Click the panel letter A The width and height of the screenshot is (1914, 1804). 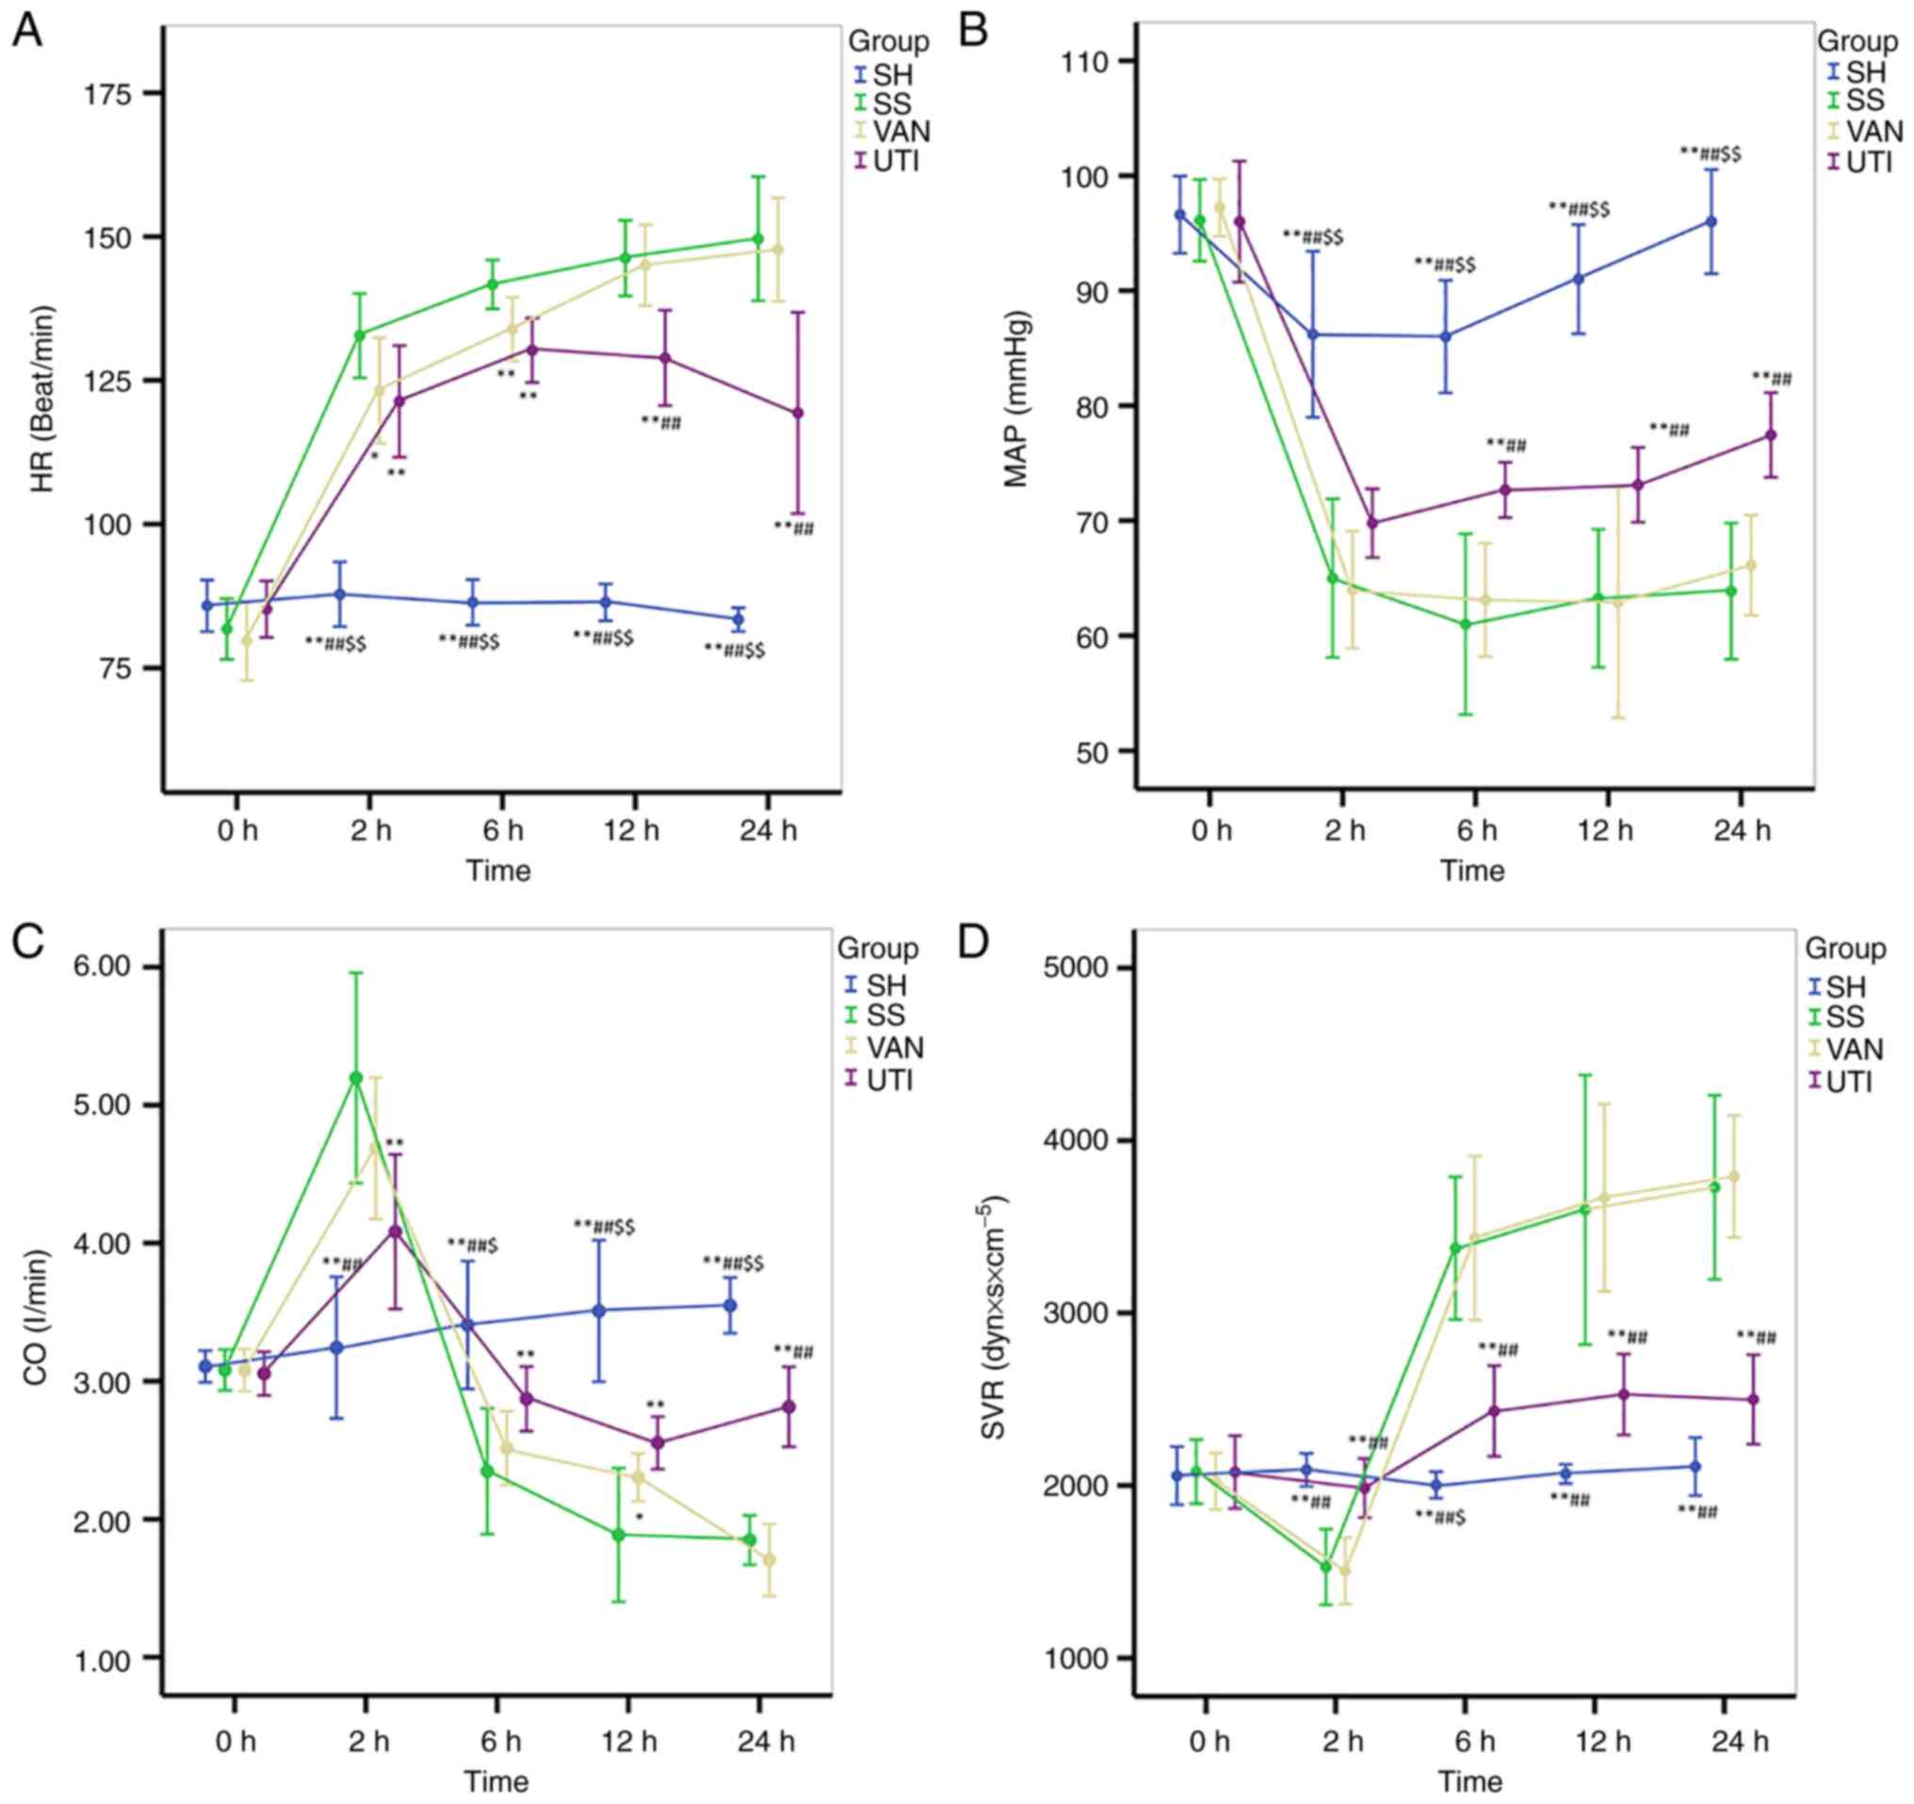coord(26,31)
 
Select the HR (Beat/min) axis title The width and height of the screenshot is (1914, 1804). coord(43,399)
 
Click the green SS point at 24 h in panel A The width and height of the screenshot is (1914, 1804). coord(757,238)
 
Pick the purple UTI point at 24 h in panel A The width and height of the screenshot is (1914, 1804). coord(797,413)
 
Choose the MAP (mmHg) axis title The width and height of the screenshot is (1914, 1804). coord(1016,398)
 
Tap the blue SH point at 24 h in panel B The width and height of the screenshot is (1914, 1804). coord(1711,221)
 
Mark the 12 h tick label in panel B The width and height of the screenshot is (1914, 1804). coord(1605,830)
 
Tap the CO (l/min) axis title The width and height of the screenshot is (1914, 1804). coord(37,1319)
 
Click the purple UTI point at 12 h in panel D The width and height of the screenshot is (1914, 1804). coord(1623,1394)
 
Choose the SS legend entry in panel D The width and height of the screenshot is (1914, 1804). coord(1844,1016)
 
